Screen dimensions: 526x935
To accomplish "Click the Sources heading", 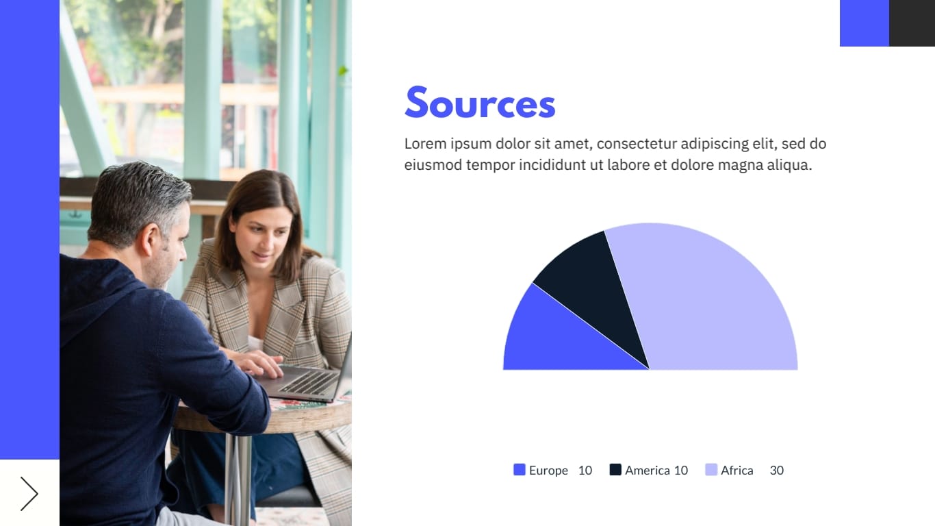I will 480,103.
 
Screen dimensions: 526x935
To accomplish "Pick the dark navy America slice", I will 595,288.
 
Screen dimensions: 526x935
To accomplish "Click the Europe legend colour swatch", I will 520,470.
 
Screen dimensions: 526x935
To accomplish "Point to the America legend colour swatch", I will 615,470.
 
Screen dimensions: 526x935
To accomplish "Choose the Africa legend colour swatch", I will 711,470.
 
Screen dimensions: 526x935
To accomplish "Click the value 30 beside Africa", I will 776,471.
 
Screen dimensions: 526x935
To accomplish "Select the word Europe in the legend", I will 548,471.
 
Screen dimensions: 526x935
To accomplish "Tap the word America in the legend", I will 647,471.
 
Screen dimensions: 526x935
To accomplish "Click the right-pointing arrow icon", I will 29,493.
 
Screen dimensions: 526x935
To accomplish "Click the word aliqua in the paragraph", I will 788,165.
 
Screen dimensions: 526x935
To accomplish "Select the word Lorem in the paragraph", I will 425,144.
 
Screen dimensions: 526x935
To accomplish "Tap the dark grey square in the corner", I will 912,23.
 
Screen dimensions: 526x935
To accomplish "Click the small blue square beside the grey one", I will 864,23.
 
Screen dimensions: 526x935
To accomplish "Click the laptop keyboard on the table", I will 308,381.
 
